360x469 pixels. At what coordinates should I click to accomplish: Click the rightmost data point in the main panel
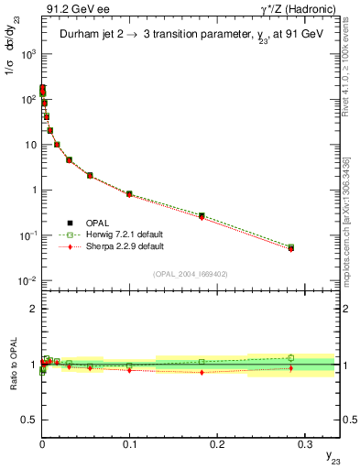tap(291, 247)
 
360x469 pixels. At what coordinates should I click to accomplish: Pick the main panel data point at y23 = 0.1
tap(129, 194)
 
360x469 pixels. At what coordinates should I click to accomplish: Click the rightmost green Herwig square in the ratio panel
tap(291, 358)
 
